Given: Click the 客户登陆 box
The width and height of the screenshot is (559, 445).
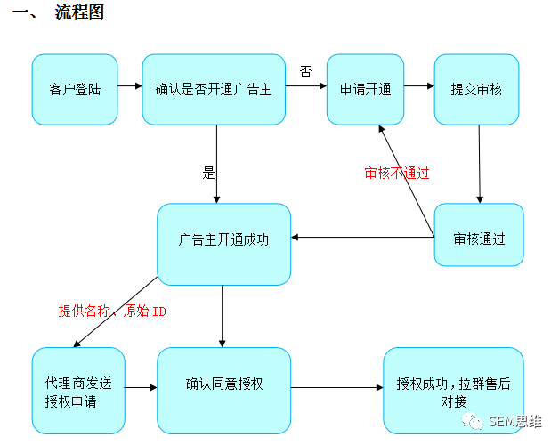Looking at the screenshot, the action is [x=75, y=90].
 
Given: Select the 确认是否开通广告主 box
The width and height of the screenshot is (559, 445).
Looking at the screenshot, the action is [x=214, y=90].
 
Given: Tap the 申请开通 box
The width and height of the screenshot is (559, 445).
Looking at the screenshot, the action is [x=366, y=90].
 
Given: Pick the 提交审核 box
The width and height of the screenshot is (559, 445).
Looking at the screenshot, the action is [x=476, y=90].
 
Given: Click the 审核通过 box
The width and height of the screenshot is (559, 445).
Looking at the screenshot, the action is [x=479, y=235].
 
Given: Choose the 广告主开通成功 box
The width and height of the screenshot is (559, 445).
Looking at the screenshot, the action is [x=224, y=244].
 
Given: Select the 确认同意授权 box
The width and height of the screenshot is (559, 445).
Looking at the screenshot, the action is [x=224, y=391].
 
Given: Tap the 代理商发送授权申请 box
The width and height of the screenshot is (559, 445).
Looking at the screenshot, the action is [x=78, y=391].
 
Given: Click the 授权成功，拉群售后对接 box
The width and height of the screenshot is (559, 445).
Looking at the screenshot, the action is [x=453, y=391].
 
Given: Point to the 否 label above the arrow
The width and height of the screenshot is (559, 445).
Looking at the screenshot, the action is [x=305, y=71].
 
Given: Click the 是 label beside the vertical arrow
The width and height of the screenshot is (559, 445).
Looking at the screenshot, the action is [x=208, y=173].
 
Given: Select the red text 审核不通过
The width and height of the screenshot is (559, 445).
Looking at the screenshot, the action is [x=397, y=173].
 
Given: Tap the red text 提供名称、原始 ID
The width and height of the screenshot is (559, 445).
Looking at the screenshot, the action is [x=112, y=311].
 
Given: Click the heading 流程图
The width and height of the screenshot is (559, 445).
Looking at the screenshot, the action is [x=79, y=12].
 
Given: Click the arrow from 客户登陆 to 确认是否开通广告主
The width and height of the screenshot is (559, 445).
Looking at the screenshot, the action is [x=130, y=86].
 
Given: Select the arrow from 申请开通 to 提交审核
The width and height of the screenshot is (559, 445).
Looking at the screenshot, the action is [x=419, y=86].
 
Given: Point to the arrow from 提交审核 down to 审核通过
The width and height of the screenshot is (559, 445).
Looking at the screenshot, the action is [x=480, y=164].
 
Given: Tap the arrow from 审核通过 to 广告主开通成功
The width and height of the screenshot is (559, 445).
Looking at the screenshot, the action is [x=362, y=237].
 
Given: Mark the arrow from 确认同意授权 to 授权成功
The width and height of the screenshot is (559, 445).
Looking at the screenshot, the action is [x=336, y=387].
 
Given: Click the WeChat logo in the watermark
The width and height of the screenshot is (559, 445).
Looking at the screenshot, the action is [x=472, y=421].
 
